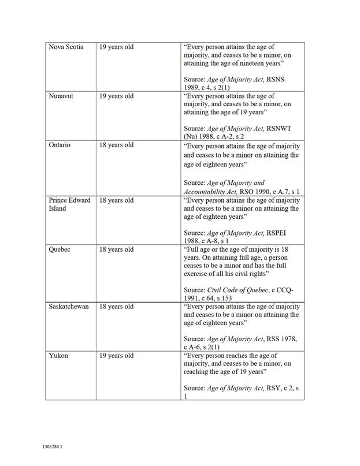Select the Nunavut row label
62,96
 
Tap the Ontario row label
60,145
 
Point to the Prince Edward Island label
69,204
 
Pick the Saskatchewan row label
69,306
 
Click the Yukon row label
58,355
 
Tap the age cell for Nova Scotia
116,47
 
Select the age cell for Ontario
116,145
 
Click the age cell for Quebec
116,249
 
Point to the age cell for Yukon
116,355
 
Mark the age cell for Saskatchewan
116,306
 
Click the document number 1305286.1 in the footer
52,447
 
